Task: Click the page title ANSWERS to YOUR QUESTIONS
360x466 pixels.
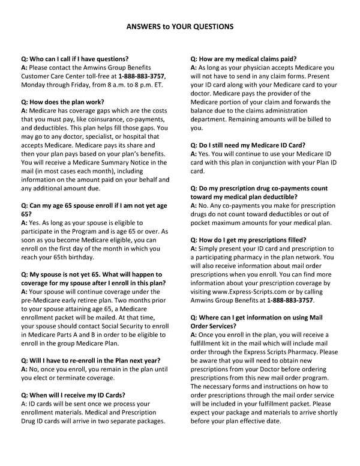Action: [x=180, y=27]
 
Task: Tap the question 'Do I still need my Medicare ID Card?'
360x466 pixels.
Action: [x=248, y=145]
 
